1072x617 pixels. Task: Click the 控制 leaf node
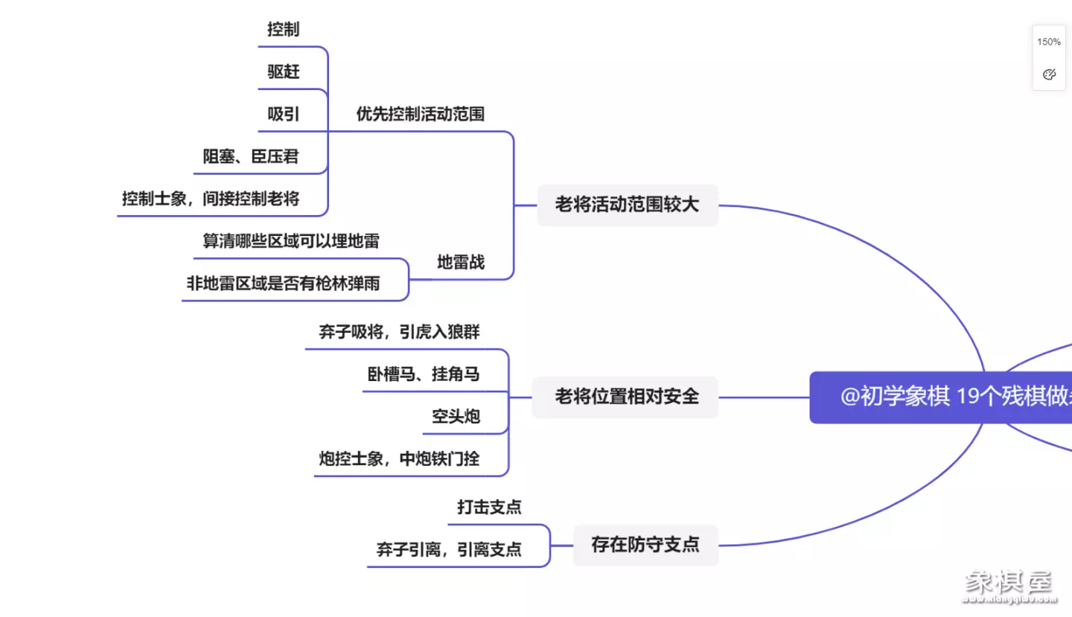click(x=284, y=30)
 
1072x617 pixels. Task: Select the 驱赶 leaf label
click(x=284, y=72)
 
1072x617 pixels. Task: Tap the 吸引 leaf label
click(x=284, y=115)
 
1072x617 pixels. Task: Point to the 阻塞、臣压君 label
click(x=251, y=157)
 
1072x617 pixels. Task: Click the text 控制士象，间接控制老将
click(x=211, y=199)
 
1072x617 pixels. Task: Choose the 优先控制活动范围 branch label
click(x=421, y=115)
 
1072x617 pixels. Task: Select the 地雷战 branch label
click(x=461, y=262)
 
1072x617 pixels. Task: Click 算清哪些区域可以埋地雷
click(x=291, y=241)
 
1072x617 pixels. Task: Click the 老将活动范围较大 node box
click(x=628, y=205)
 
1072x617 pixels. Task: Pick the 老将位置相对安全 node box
click(x=626, y=397)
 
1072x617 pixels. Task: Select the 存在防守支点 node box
click(x=645, y=545)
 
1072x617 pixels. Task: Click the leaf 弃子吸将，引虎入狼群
click(x=400, y=333)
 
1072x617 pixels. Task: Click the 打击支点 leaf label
click(x=489, y=508)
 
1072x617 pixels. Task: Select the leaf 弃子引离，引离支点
click(x=449, y=550)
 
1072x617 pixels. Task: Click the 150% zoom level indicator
click(x=1049, y=42)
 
